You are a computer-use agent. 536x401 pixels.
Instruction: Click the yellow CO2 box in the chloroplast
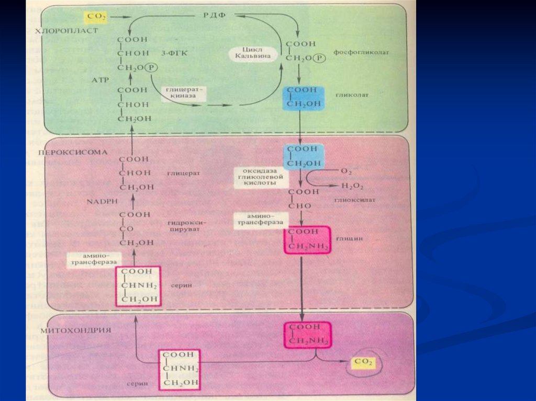coord(97,17)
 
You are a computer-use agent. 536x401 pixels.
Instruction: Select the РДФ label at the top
coord(214,15)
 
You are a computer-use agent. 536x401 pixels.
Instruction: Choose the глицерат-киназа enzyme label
coord(184,94)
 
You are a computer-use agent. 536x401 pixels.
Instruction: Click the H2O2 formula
coord(352,186)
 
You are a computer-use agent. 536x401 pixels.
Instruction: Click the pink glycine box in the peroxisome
coord(307,239)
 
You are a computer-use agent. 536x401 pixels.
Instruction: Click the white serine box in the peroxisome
coord(138,285)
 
